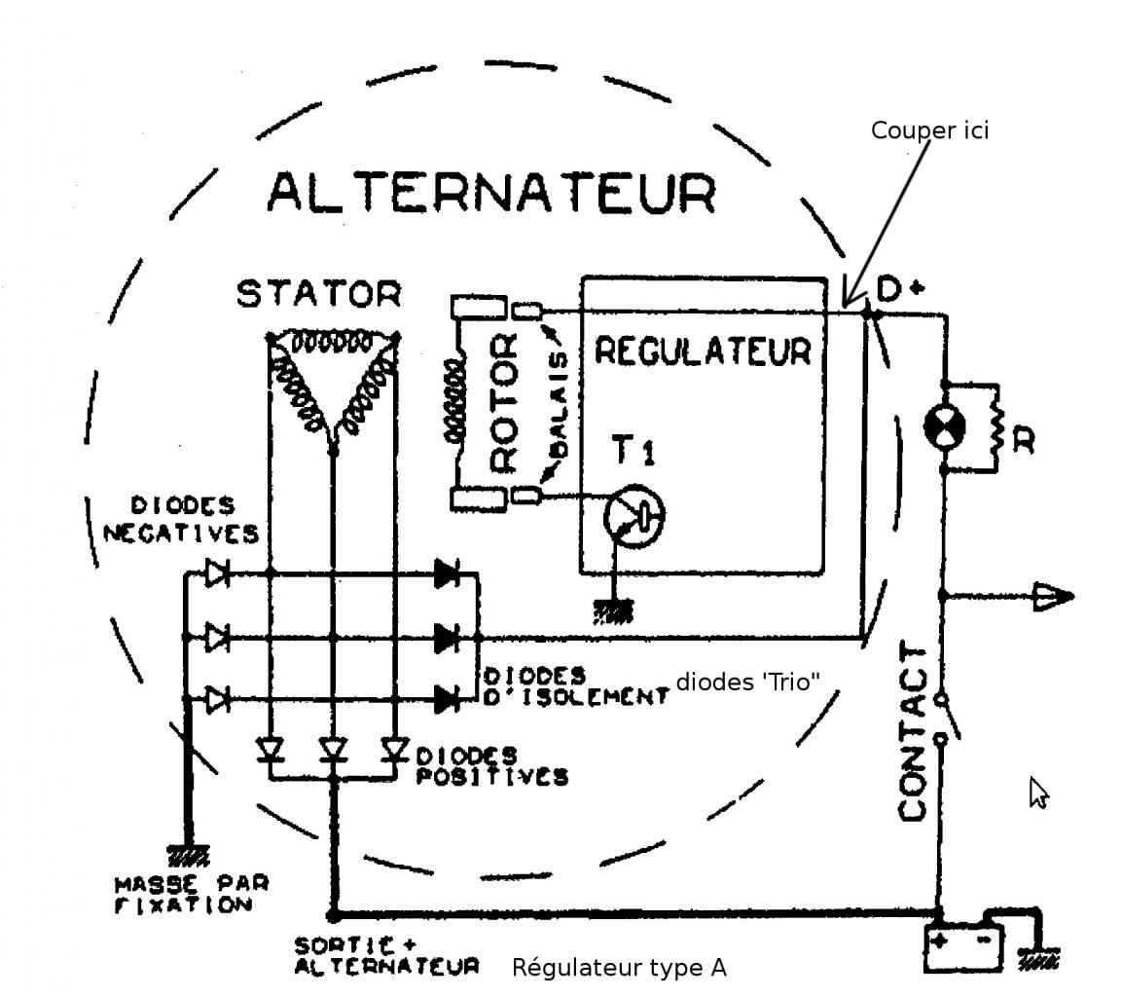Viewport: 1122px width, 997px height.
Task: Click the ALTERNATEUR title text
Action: click(x=491, y=192)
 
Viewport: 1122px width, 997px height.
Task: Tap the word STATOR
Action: click(x=318, y=293)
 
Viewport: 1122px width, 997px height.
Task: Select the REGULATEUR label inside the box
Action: click(x=702, y=351)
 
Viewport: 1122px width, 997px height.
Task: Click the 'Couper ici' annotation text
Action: click(x=929, y=130)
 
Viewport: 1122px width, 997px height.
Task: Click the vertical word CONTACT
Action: click(x=914, y=731)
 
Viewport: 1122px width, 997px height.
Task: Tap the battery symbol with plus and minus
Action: click(x=961, y=947)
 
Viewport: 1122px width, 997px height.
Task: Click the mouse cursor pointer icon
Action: click(x=1038, y=793)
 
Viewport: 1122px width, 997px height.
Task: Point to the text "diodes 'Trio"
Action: click(x=747, y=682)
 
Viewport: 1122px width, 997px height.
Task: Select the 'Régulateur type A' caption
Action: click(x=619, y=967)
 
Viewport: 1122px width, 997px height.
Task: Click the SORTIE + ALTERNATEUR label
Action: click(x=387, y=955)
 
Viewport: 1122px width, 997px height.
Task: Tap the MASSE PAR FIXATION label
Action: click(x=192, y=894)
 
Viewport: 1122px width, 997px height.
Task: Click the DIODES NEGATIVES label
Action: click(x=182, y=519)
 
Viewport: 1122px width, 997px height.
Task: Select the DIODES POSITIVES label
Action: click(x=491, y=766)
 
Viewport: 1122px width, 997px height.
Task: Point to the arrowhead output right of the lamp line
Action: click(x=1053, y=595)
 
